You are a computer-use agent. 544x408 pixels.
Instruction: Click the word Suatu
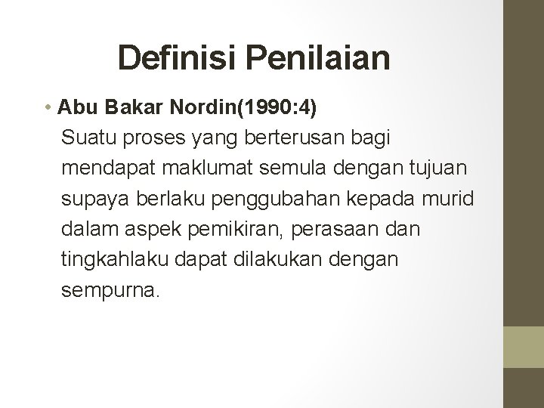click(x=85, y=138)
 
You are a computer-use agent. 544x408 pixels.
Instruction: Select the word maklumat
click(x=193, y=168)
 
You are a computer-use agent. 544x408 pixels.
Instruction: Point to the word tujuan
click(x=394, y=168)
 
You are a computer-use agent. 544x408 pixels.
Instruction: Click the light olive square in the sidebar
click(x=523, y=348)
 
